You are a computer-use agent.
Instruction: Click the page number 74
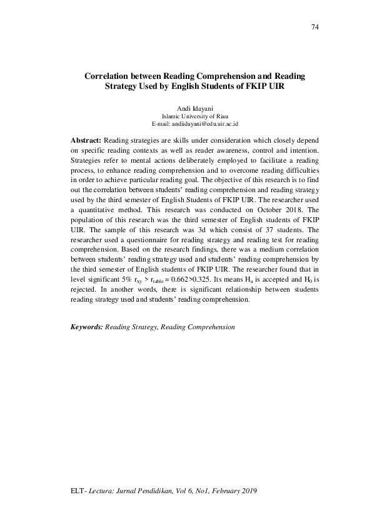314,28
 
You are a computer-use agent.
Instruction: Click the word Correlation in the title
107,76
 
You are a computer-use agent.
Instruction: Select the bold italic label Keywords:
86,327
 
